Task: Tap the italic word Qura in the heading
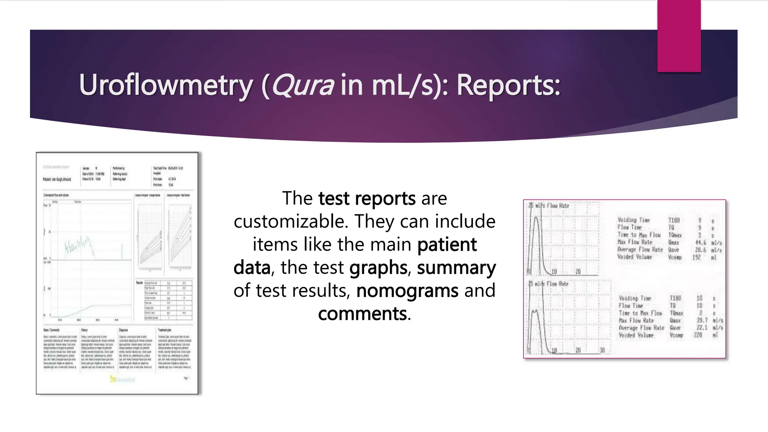(302, 85)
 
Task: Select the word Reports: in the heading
(508, 85)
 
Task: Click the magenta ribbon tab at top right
(679, 36)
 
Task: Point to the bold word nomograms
(407, 291)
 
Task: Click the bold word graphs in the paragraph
(378, 268)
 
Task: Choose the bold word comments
(362, 313)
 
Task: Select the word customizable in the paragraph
(291, 221)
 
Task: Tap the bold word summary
(456, 268)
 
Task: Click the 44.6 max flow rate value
(700, 243)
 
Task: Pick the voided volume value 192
(696, 257)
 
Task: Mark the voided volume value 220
(697, 335)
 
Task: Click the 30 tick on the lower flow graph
(602, 350)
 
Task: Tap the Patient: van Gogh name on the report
(57, 179)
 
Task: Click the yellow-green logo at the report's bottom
(122, 379)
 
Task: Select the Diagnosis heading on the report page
(123, 330)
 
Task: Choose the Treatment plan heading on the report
(165, 330)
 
